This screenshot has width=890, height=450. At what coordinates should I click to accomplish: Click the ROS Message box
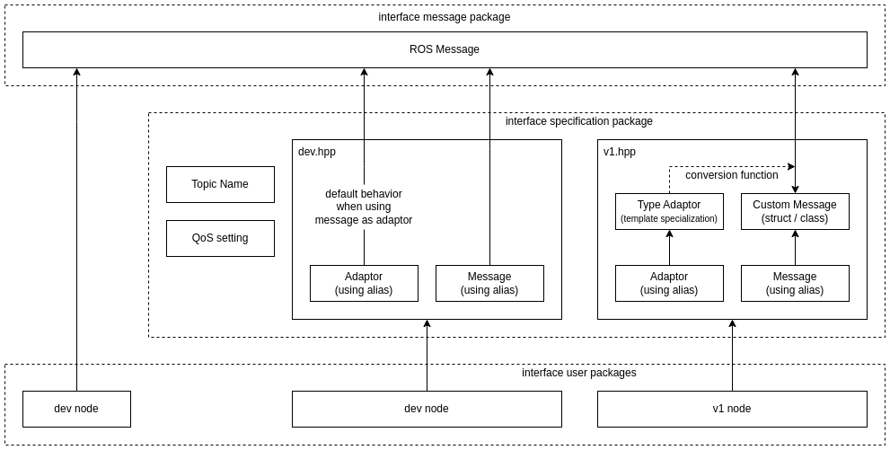point(445,49)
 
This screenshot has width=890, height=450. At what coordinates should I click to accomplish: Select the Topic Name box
point(220,184)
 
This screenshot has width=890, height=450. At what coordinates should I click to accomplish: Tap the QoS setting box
point(220,238)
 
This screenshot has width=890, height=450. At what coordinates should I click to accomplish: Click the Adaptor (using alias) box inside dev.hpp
point(364,283)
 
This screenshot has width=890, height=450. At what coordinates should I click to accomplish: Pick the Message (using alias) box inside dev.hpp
point(489,283)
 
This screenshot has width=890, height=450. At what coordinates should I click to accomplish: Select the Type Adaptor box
point(669,211)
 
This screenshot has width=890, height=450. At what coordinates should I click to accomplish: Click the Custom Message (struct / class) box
point(795,211)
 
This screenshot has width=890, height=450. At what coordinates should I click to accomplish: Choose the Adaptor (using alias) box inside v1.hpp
point(669,283)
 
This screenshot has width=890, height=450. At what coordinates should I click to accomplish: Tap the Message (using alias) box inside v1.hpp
point(795,283)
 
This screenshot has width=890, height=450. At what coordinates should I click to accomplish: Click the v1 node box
point(732,409)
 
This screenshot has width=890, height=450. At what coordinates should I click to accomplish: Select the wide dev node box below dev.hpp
point(427,409)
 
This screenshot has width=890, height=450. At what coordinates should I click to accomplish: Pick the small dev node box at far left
point(76,409)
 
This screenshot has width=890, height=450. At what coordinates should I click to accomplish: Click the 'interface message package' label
point(445,17)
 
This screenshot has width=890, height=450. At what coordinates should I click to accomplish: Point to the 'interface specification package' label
point(578,121)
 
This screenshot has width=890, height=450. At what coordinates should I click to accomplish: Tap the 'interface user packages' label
point(578,373)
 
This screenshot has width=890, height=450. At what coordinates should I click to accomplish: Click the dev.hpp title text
point(317,152)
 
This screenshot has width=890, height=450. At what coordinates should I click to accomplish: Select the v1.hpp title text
point(620,152)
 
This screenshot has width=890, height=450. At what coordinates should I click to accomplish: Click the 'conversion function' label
point(731,175)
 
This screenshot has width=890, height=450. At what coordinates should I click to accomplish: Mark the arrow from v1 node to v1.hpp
point(732,356)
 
